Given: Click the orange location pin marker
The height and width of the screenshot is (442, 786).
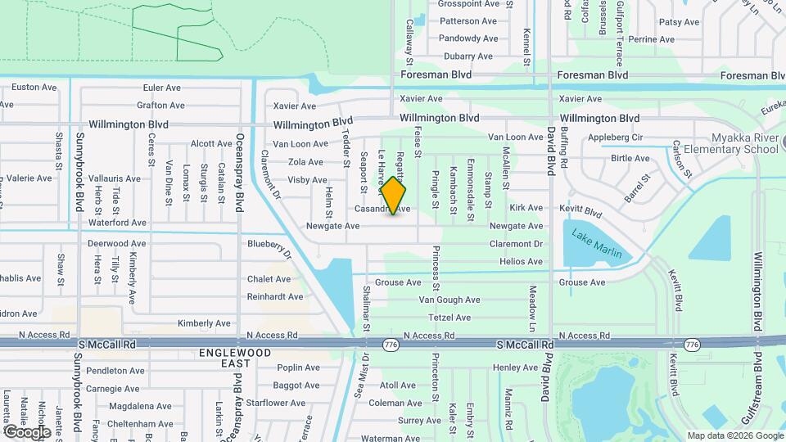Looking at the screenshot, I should tap(394, 195).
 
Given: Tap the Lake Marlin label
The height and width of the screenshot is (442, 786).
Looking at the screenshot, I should tap(597, 243).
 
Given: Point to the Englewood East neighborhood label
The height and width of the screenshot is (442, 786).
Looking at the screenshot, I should tap(224, 359).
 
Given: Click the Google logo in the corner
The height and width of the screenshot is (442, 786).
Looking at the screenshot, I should tap(27, 431).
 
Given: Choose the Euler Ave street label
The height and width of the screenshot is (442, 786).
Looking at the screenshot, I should tap(161, 88).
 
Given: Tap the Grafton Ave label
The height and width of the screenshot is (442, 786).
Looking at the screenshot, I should tap(160, 106).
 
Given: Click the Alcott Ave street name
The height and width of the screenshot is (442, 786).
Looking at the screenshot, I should tap(211, 143).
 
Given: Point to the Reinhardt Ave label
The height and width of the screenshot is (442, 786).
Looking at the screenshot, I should tap(275, 297).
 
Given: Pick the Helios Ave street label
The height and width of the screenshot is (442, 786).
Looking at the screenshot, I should tap(521, 262).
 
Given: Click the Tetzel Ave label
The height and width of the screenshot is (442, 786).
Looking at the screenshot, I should tap(450, 318).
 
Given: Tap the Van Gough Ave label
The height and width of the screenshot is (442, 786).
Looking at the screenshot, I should tap(449, 300).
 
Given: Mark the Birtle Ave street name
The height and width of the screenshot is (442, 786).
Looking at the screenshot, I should tap(630, 159).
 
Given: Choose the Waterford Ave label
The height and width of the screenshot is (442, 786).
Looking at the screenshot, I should tap(117, 223).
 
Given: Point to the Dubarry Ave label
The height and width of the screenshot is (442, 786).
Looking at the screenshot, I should tap(468, 56).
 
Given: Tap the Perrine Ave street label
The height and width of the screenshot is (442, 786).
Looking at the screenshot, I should tap(652, 39).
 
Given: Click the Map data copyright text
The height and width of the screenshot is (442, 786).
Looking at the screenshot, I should tap(734, 435).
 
